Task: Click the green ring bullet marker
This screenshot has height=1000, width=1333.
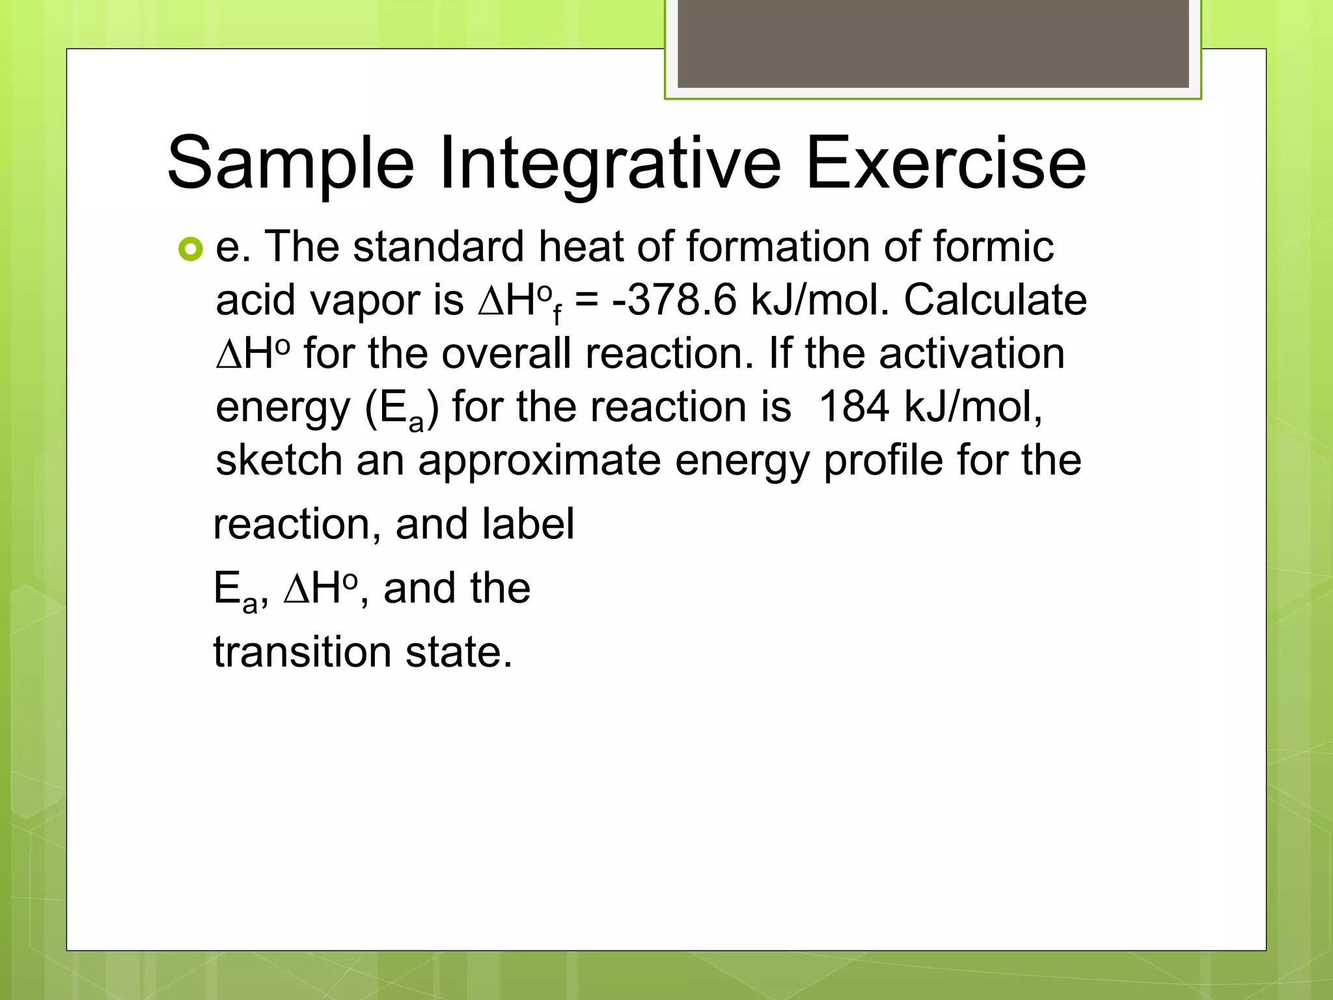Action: tap(190, 249)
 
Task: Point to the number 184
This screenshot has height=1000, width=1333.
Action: tap(853, 407)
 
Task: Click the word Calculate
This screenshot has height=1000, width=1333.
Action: tap(995, 300)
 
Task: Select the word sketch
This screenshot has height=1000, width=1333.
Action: tap(279, 460)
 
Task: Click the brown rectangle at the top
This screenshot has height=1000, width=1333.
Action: tap(933, 44)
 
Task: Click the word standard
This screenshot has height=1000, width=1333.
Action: tap(439, 247)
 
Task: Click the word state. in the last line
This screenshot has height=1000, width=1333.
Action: tap(459, 652)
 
